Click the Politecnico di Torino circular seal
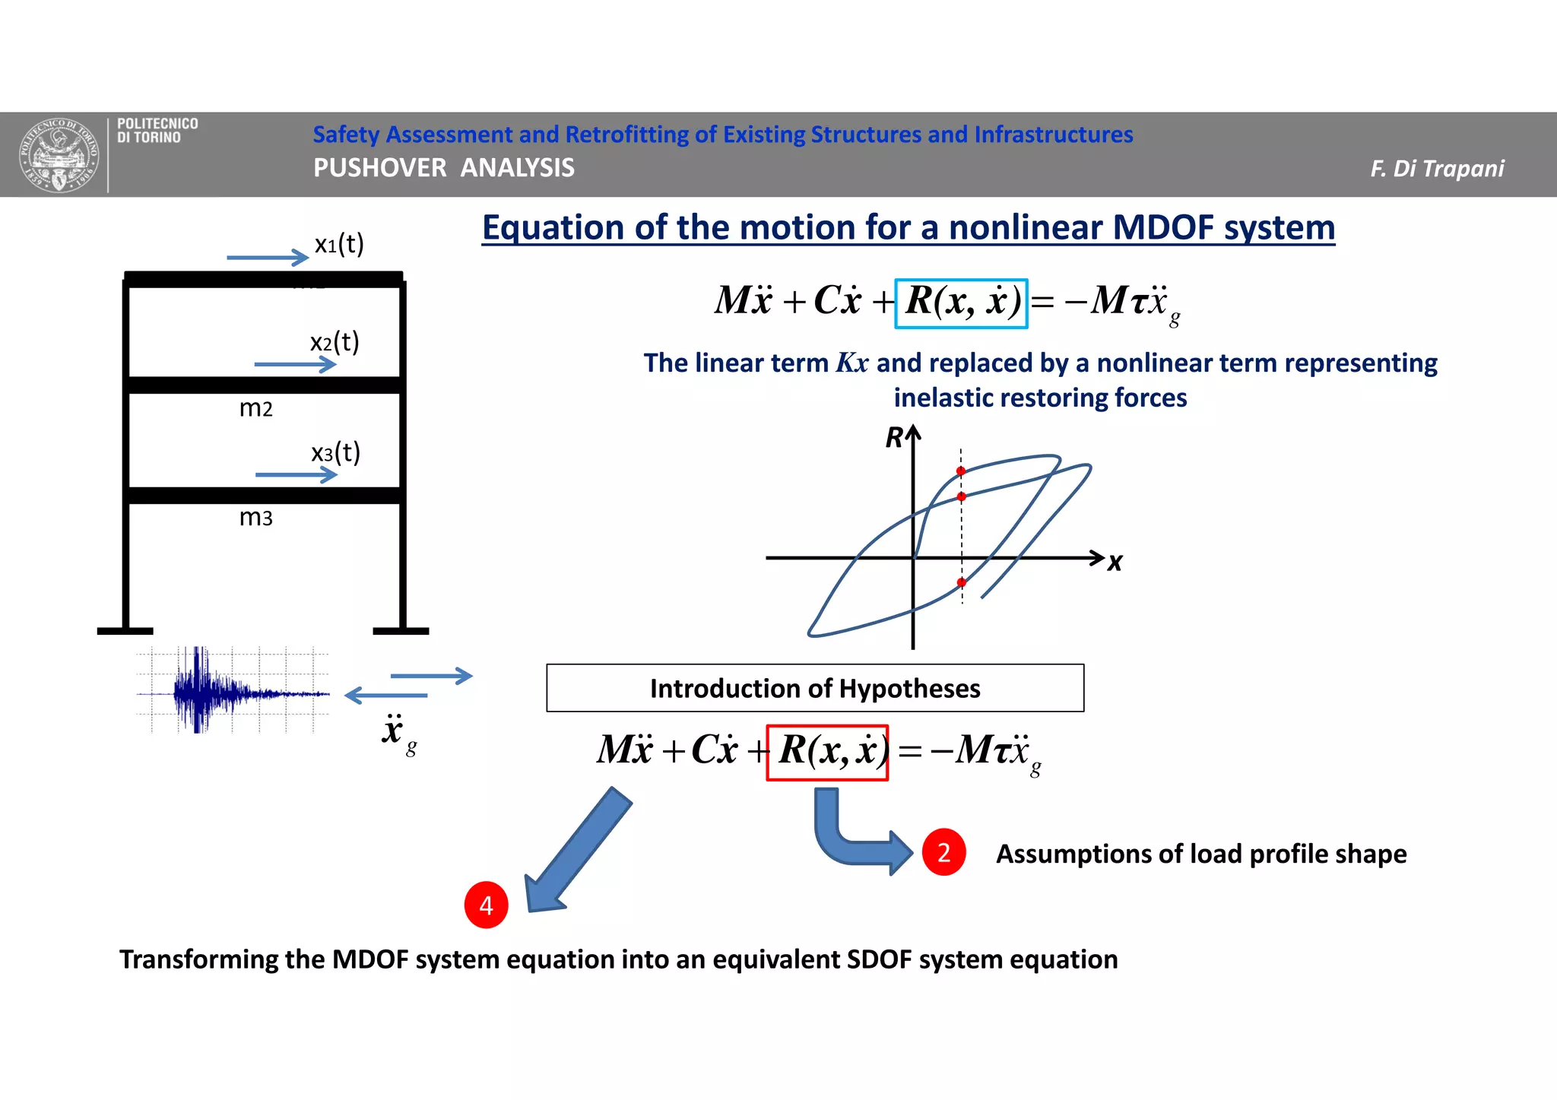59,155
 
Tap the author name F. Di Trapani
1436,168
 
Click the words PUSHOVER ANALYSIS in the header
444,167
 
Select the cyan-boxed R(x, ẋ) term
962,303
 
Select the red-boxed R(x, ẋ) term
828,752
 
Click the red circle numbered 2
943,852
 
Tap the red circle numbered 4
486,905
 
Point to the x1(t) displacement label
339,244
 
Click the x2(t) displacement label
335,342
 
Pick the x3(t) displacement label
335,453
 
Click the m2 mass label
255,409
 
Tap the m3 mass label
255,518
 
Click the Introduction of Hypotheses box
815,688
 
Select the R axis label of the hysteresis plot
894,438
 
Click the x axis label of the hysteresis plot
1115,563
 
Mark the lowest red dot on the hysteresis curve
962,582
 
